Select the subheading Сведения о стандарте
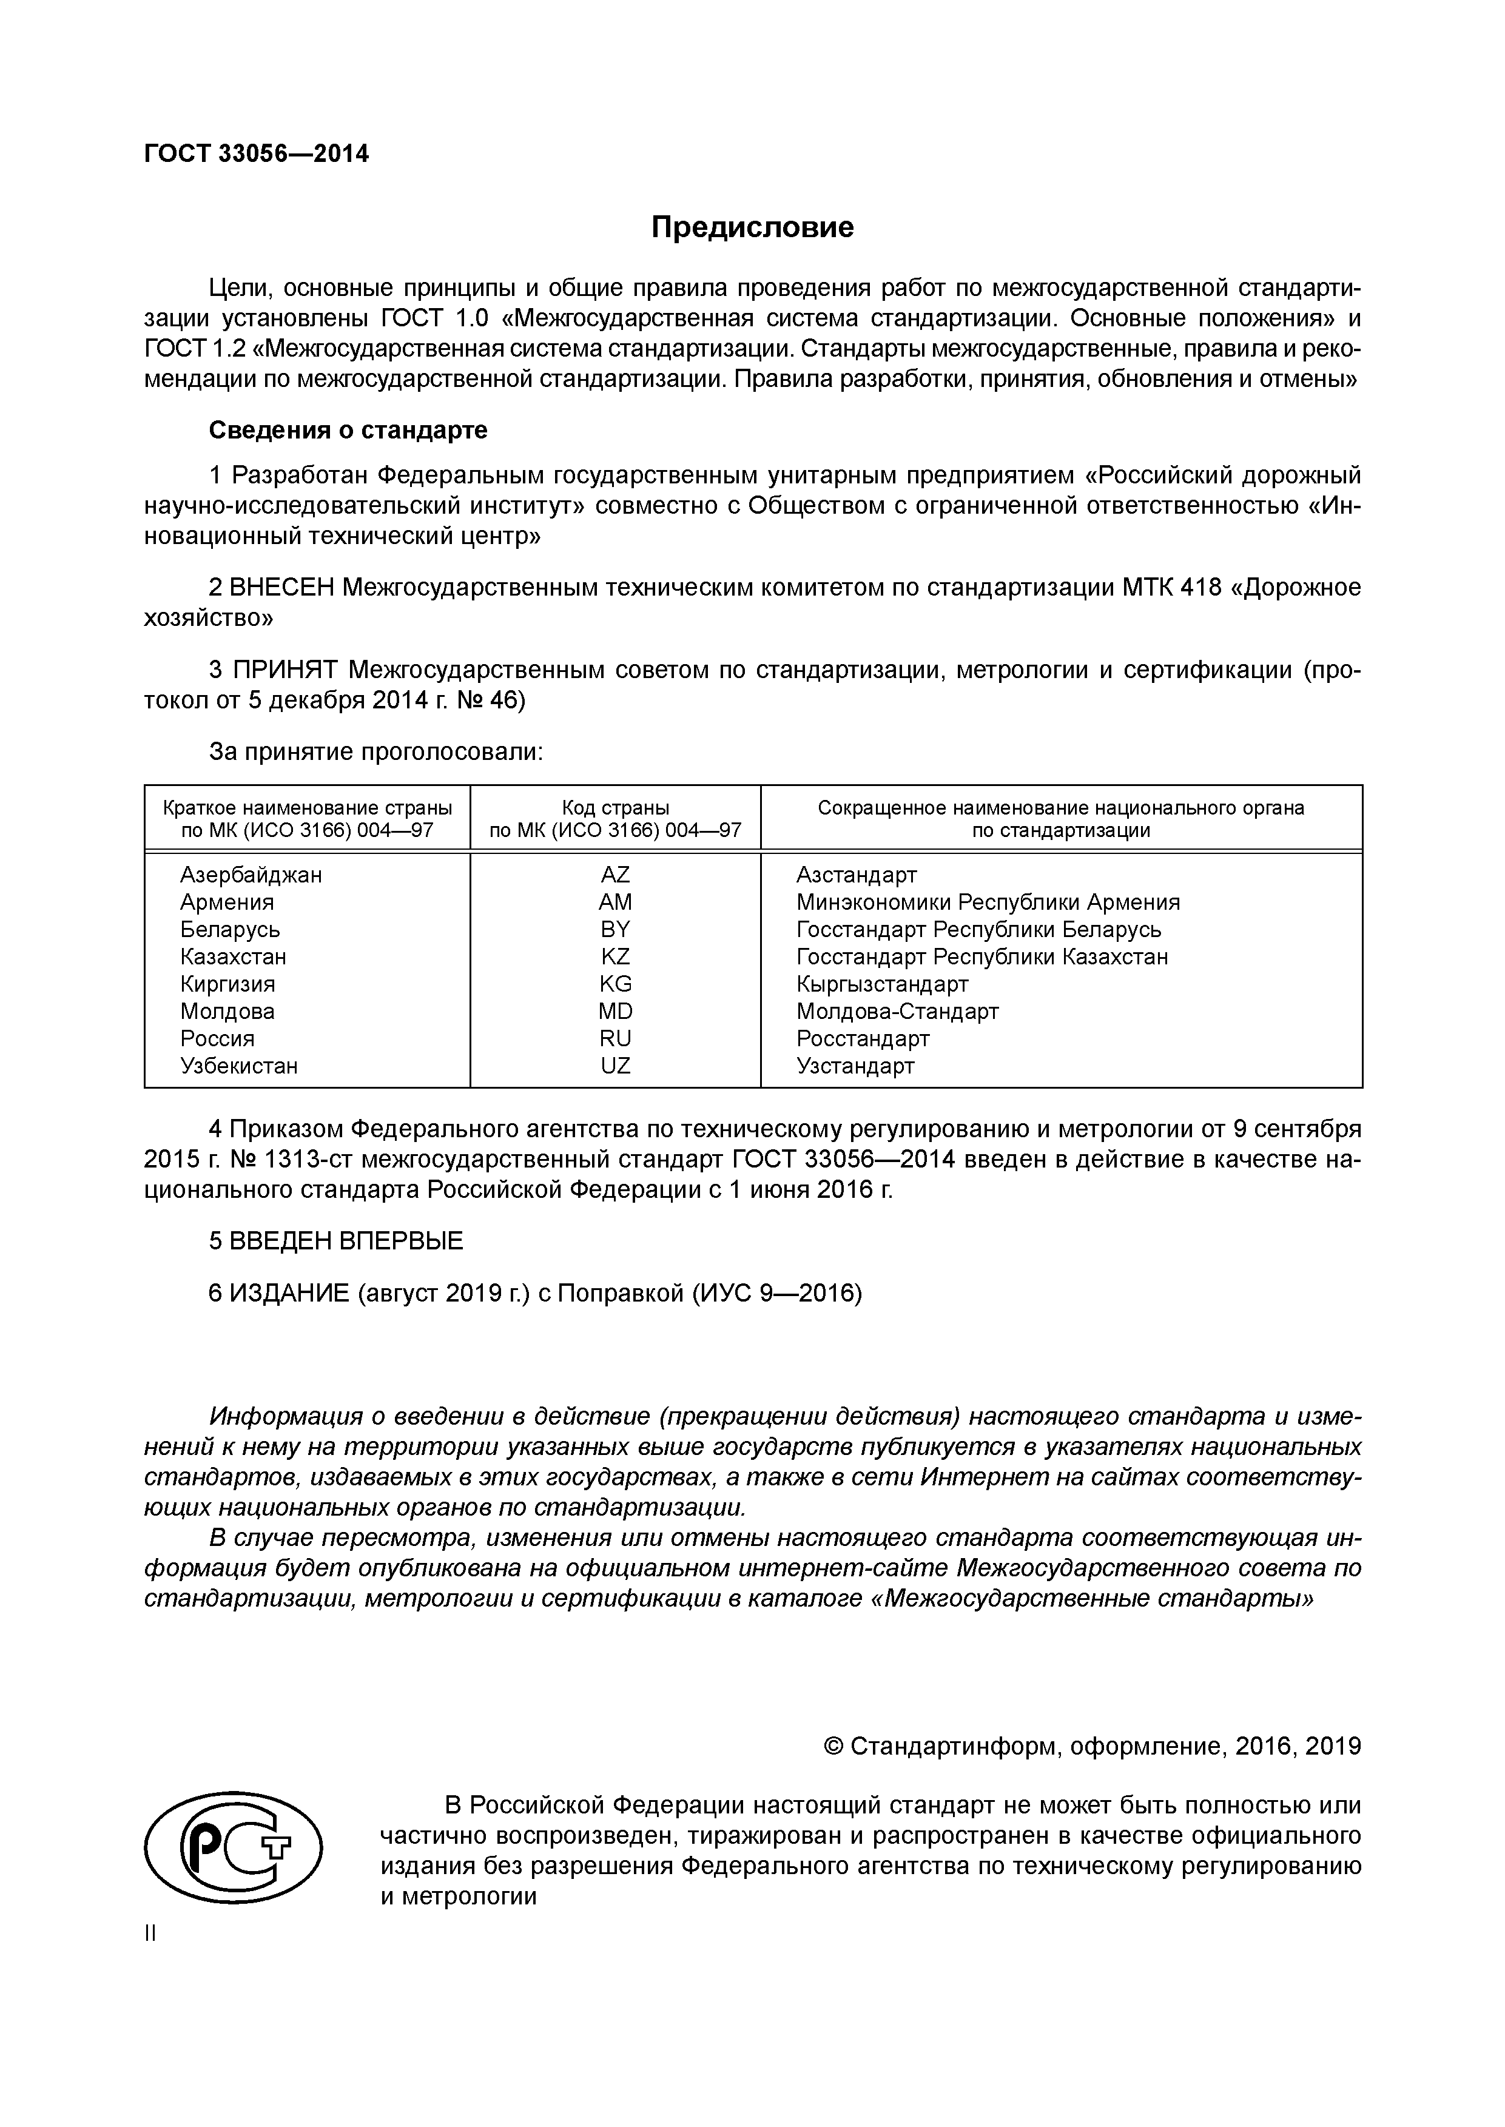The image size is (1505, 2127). point(348,430)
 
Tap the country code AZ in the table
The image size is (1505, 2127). point(614,875)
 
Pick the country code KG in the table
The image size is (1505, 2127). point(614,983)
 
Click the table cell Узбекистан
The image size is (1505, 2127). point(238,1066)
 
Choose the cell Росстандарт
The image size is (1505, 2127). point(862,1038)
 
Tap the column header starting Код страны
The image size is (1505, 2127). point(614,818)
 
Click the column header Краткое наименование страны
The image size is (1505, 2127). point(307,818)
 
